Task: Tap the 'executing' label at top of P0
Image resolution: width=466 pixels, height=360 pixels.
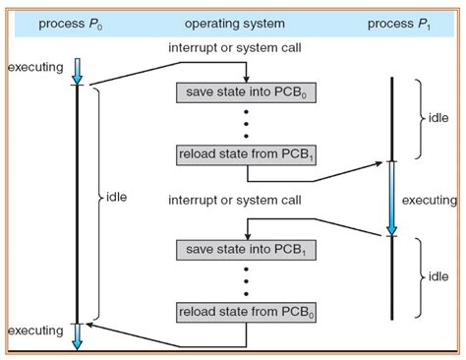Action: (35, 67)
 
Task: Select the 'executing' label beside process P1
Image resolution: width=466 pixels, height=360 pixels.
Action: (430, 201)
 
